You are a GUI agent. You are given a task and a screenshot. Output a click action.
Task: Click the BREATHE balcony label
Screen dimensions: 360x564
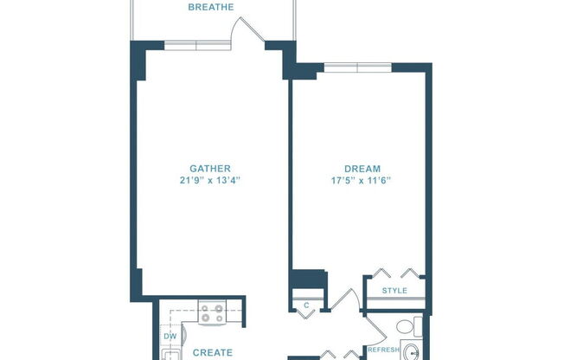point(211,7)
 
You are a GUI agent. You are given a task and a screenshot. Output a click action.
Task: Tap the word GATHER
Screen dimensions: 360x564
point(211,168)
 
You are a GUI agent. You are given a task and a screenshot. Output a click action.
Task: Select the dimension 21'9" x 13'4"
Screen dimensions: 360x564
point(211,181)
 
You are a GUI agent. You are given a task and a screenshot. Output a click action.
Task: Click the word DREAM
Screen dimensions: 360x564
point(362,168)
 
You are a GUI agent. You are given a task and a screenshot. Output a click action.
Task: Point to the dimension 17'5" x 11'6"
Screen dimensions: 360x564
point(362,181)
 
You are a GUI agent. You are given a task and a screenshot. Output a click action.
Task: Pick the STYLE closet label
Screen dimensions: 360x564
point(394,291)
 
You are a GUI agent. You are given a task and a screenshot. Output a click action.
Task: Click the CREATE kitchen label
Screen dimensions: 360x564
point(212,352)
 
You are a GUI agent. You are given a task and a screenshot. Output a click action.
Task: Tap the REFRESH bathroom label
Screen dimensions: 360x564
point(383,350)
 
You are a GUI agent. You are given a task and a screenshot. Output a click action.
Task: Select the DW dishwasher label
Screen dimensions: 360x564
point(170,337)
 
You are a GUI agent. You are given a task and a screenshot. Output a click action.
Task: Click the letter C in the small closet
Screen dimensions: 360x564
point(306,304)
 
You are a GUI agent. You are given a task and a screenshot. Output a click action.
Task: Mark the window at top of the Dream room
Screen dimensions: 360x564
point(357,66)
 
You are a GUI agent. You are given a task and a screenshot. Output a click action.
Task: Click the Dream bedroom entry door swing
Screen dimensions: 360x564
point(346,300)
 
